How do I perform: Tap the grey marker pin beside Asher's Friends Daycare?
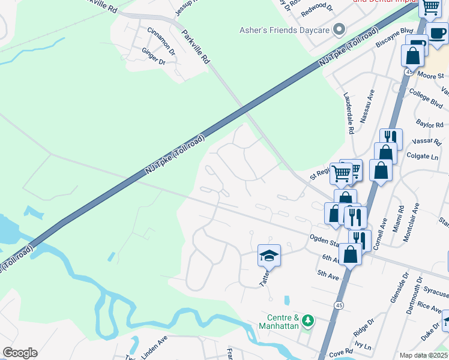tap(339, 29)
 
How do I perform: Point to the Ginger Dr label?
tap(153, 58)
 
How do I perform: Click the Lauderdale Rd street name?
tap(348, 113)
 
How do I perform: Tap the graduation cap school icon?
tap(270, 256)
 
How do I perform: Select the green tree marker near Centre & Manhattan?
tap(308, 320)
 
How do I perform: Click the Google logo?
tap(20, 353)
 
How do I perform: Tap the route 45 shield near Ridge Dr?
tap(340, 306)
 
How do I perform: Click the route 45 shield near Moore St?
tap(408, 71)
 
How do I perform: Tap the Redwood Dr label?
tap(316, 7)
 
